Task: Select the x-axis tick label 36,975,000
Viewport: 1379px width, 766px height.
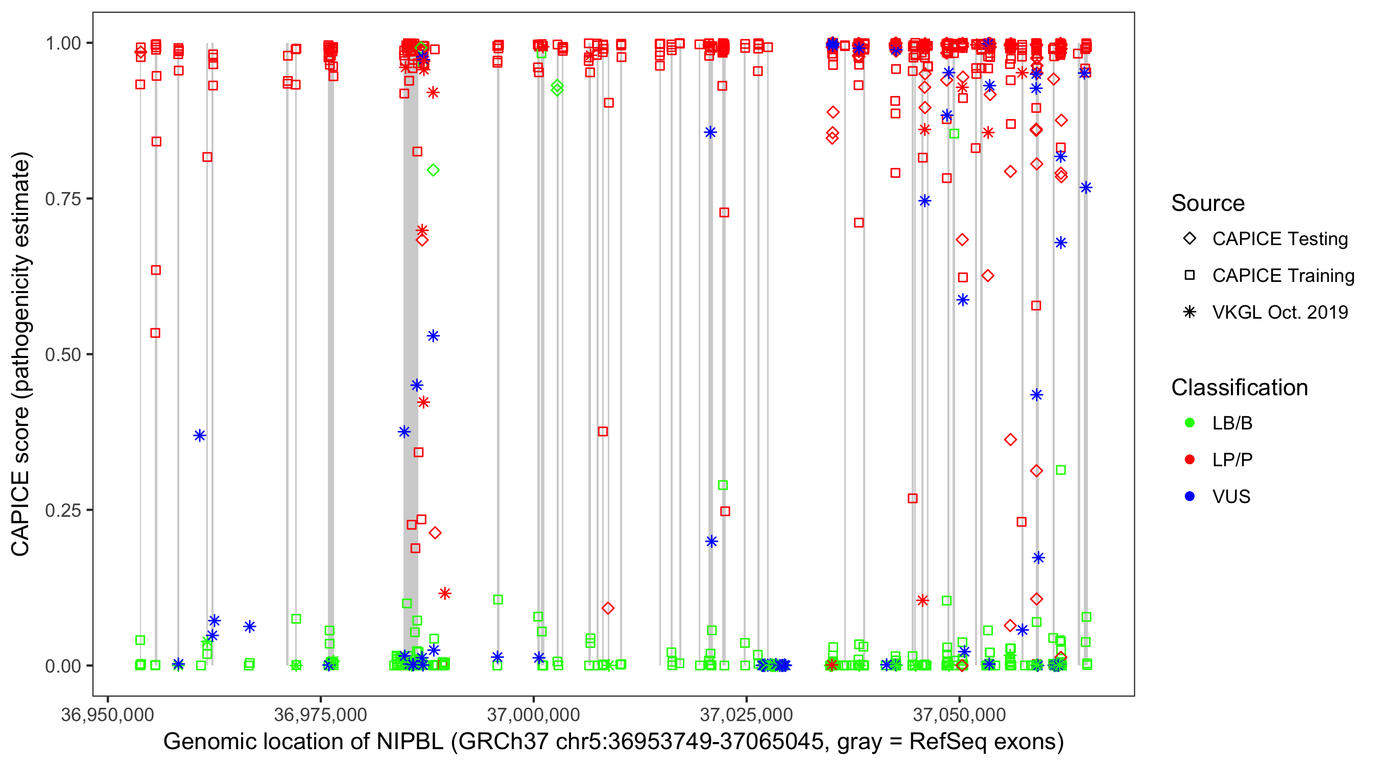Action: [x=320, y=714]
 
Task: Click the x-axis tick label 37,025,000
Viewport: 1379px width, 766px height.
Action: [x=746, y=714]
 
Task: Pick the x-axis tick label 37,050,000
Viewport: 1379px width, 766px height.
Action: [x=959, y=714]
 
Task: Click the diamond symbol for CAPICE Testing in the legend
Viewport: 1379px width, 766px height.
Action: [x=1190, y=239]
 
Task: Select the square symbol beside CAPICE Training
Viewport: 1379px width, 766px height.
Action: [x=1190, y=275]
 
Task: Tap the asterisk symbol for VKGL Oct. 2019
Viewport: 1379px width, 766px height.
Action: [x=1190, y=312]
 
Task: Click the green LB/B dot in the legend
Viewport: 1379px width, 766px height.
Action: [x=1190, y=423]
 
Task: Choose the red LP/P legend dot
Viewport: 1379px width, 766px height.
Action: [x=1190, y=460]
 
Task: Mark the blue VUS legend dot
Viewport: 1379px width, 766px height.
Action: [x=1190, y=496]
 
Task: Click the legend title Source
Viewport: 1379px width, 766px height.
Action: [x=1208, y=203]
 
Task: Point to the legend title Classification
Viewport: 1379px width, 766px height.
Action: [x=1239, y=388]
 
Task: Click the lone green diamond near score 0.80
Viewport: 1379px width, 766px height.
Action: [x=433, y=170]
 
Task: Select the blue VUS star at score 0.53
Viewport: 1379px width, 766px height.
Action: [x=433, y=336]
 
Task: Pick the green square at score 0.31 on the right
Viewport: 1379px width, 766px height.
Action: [x=1060, y=470]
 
